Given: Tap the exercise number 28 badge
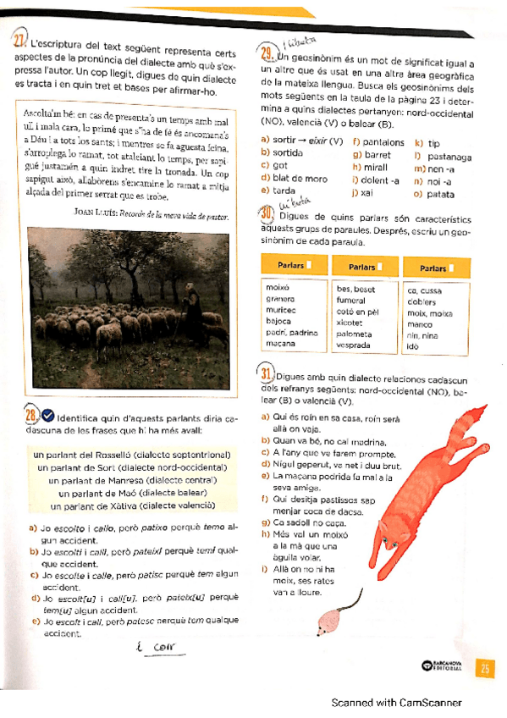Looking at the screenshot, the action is point(30,415).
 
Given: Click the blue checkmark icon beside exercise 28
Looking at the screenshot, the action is point(47,415).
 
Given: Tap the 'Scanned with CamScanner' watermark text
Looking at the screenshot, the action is point(396,702).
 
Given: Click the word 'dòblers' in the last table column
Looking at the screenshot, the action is point(421,301).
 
